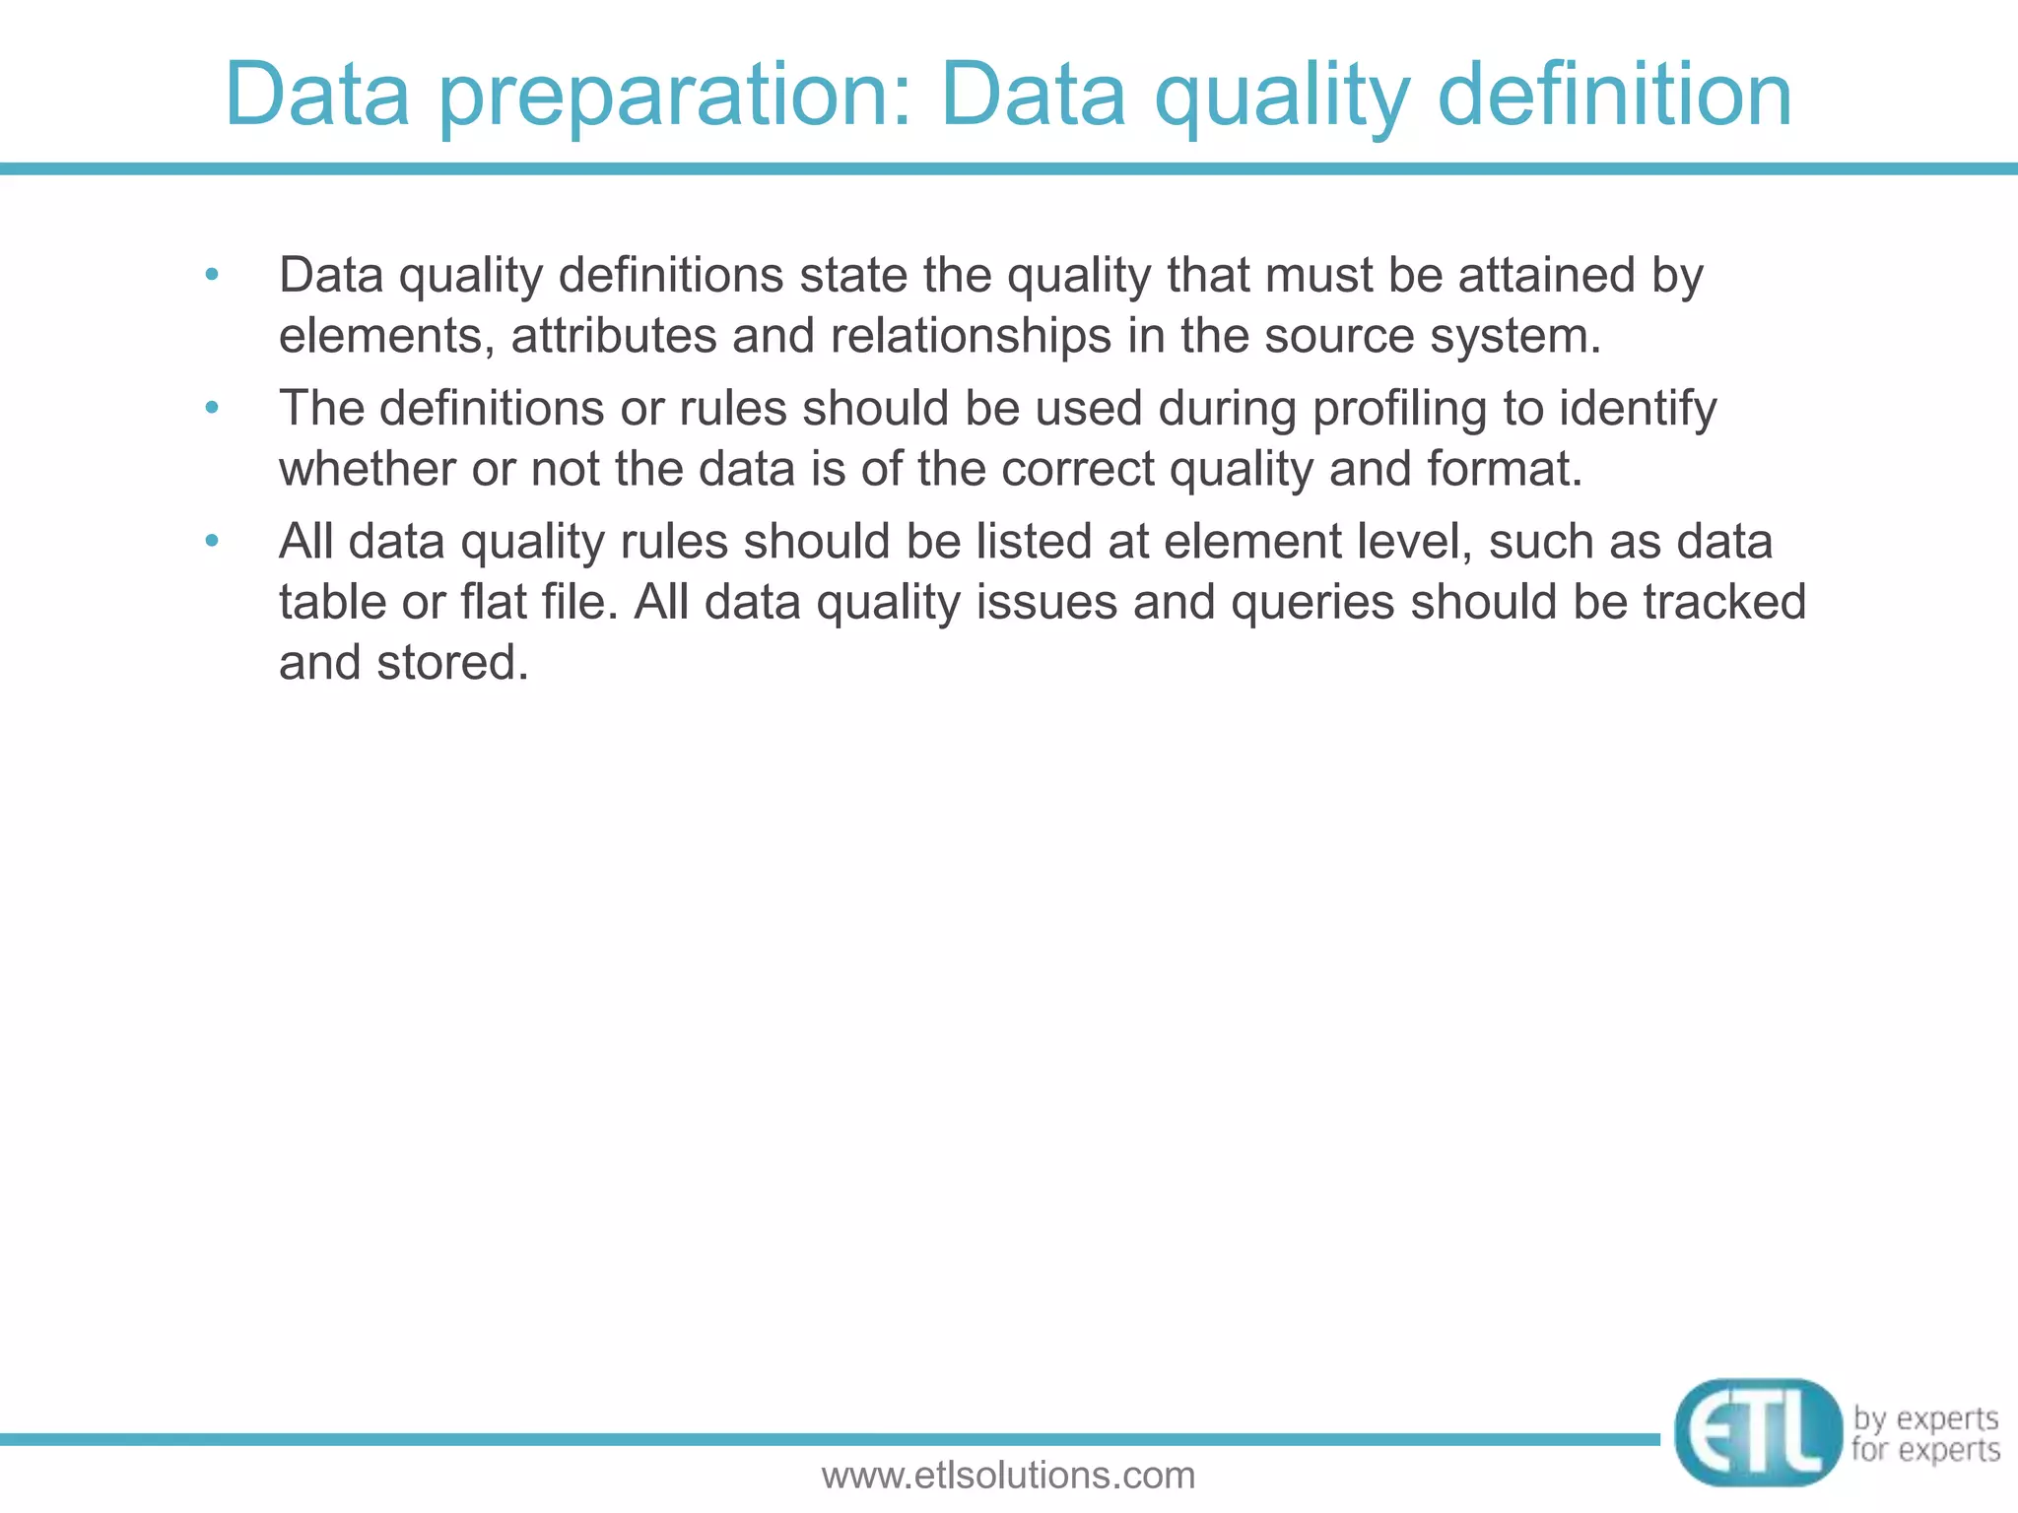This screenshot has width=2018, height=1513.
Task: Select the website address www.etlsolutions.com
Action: [x=1008, y=1475]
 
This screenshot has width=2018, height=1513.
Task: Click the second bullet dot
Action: [x=211, y=407]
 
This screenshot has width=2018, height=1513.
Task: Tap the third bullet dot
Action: [x=211, y=541]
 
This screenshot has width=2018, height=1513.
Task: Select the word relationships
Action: [x=971, y=335]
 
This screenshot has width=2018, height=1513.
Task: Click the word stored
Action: [x=452, y=662]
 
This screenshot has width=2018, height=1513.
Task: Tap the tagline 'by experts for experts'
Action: [x=1925, y=1434]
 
